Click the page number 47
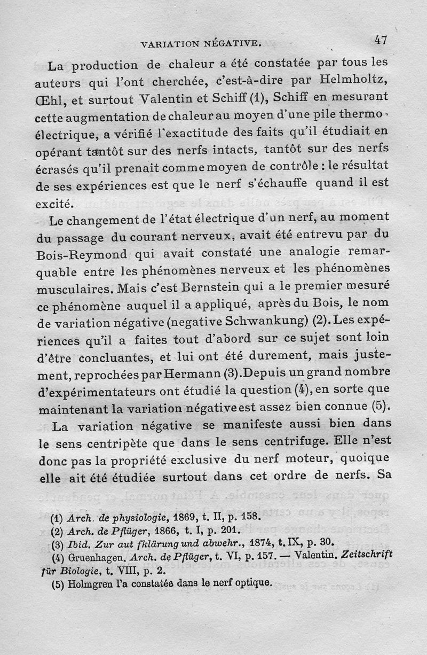[x=380, y=39]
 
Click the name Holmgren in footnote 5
[x=86, y=584]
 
